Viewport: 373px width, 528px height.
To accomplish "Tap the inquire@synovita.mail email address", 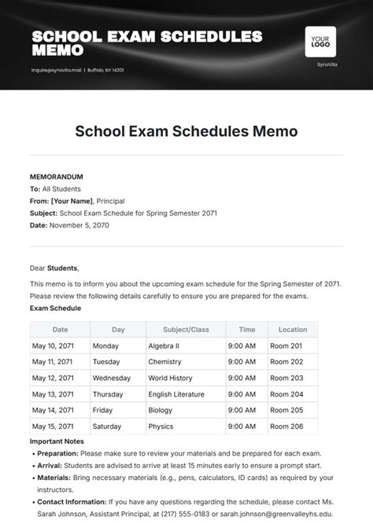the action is point(55,69).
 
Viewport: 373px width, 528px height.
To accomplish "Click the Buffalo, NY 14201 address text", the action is point(105,69).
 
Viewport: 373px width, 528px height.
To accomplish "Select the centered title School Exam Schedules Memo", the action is point(186,131).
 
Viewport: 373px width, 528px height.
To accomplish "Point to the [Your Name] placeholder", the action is point(72,201).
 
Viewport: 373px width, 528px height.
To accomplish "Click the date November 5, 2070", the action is point(79,225).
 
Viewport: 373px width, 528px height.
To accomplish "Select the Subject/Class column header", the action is point(185,330).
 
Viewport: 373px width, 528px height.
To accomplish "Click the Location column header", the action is point(293,330).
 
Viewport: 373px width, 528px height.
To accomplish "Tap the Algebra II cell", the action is point(164,345).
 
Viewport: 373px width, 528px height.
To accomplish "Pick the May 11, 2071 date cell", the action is point(51,362).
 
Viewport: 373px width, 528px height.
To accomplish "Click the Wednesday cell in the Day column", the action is point(112,378).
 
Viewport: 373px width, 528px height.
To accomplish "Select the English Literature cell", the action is point(175,394).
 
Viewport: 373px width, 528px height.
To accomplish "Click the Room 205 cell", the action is point(286,410).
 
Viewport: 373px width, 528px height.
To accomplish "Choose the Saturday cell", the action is point(108,426).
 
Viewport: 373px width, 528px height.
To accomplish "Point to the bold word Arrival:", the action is point(51,465).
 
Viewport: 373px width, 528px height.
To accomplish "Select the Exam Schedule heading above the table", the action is point(55,308).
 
